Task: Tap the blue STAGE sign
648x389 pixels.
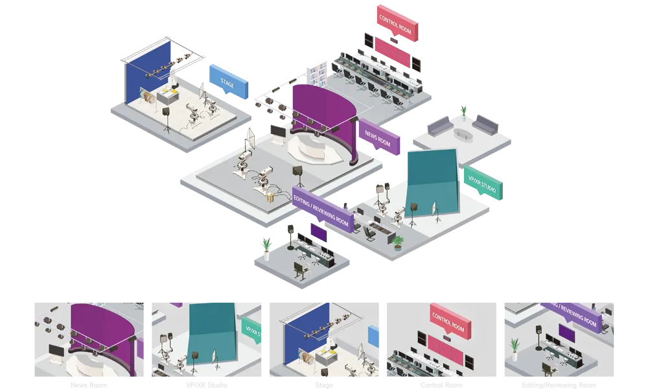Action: pos(229,82)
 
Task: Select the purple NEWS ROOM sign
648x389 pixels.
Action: pos(379,137)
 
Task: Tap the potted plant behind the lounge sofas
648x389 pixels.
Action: pos(463,112)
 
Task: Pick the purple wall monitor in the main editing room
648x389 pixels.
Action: pos(318,231)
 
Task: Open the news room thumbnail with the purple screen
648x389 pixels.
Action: pos(91,339)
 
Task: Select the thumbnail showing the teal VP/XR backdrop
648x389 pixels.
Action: pos(208,339)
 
